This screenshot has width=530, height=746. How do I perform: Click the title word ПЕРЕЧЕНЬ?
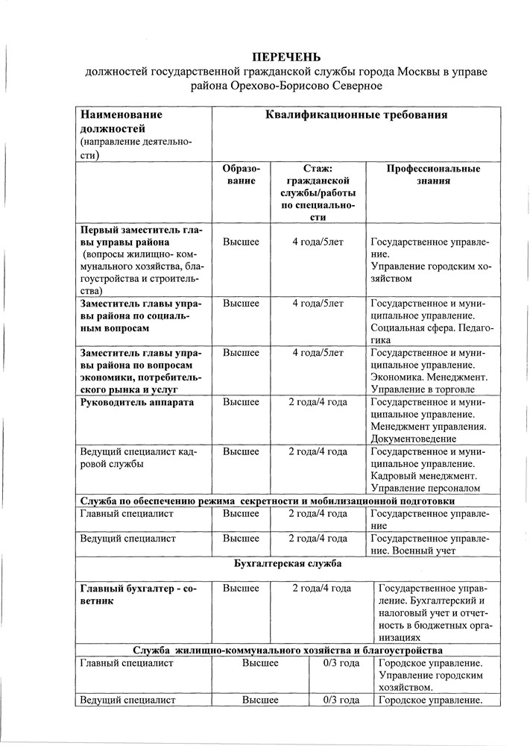click(x=286, y=58)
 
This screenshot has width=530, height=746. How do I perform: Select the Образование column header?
click(x=242, y=175)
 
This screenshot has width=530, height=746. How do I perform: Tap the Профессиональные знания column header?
click(x=432, y=175)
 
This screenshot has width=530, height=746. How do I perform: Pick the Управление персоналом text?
click(x=424, y=488)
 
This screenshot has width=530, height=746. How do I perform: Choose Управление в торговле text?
click(x=422, y=390)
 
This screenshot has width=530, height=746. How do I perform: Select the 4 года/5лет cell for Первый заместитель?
click(x=318, y=242)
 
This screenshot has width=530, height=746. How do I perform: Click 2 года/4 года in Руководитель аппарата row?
click(x=318, y=403)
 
